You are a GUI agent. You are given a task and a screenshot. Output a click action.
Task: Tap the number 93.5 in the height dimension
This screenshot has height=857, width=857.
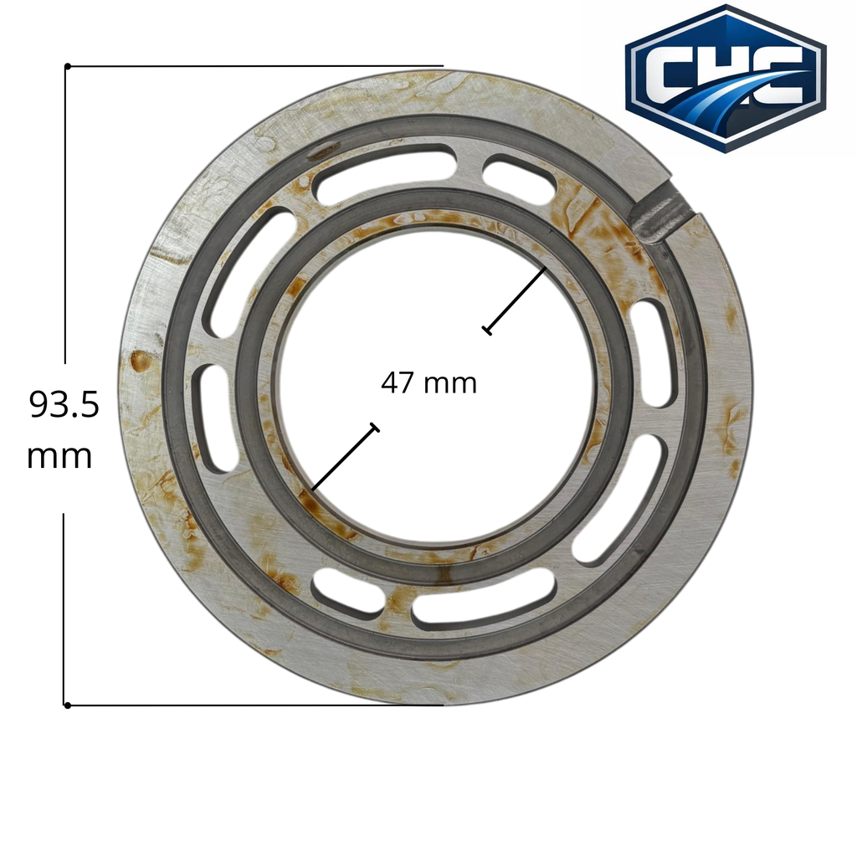[x=64, y=405]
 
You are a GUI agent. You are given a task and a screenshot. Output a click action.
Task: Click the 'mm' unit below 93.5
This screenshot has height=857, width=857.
[x=59, y=457]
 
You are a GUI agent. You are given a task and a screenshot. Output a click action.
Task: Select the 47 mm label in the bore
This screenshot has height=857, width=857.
[x=429, y=383]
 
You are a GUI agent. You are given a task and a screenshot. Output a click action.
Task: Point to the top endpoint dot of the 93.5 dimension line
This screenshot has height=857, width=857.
[x=68, y=67]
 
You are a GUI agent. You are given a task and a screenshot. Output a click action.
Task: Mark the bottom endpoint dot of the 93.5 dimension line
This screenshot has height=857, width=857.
[x=68, y=706]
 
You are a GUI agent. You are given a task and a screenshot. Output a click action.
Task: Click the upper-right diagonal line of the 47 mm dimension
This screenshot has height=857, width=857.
[x=515, y=300]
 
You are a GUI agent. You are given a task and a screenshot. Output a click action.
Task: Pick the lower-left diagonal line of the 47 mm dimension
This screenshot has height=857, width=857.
[x=344, y=458]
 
